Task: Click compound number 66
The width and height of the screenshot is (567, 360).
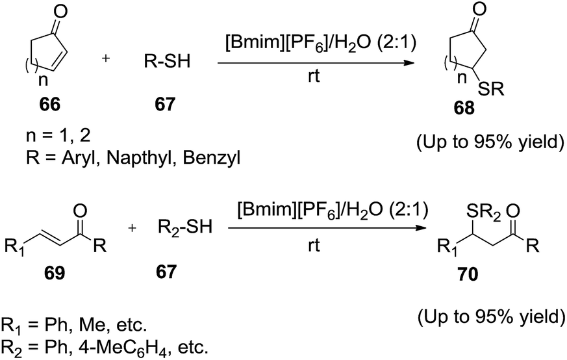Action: tap(50, 105)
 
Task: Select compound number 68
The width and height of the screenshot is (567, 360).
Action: tap(464, 108)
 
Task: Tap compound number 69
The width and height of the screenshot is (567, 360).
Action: tap(55, 273)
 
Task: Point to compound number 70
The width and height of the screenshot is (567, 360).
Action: tap(468, 275)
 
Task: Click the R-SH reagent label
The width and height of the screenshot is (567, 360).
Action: tap(167, 62)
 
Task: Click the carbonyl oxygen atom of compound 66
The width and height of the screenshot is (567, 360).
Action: tap(60, 12)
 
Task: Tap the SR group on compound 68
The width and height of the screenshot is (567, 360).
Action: tap(491, 90)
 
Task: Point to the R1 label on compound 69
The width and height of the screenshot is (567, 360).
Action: tap(14, 248)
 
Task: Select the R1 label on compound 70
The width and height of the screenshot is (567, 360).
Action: tap(447, 248)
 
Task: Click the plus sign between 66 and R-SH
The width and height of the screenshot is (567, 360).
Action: tap(106, 58)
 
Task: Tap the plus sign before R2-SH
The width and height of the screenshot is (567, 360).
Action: tap(132, 228)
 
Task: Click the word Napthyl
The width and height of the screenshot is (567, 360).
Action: tap(142, 159)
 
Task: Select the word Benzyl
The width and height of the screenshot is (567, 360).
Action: tap(212, 159)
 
